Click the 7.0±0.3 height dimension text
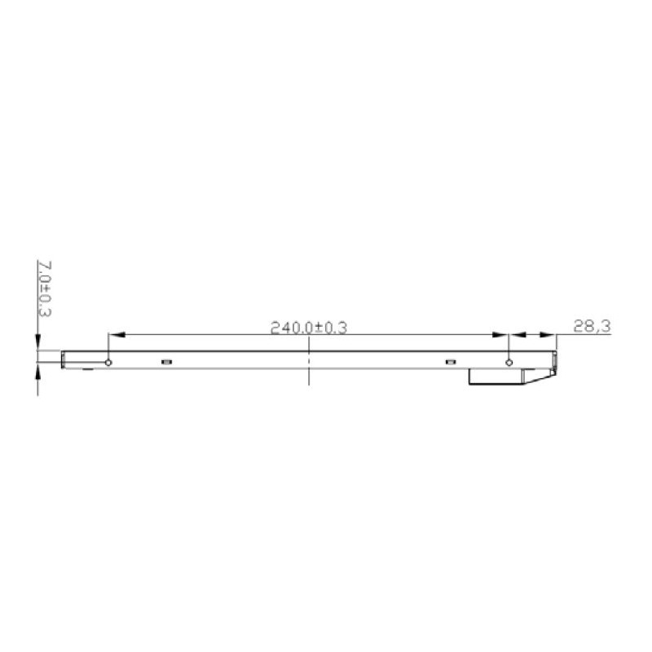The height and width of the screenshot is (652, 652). pyautogui.click(x=46, y=289)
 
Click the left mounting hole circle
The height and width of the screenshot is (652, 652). pyautogui.click(x=108, y=363)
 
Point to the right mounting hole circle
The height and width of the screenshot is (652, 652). pyautogui.click(x=509, y=363)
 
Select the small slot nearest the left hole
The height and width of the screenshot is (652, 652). pyautogui.click(x=166, y=361)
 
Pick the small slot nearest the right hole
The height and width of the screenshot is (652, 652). pyautogui.click(x=450, y=361)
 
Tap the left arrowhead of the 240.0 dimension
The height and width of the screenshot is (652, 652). pyautogui.click(x=115, y=334)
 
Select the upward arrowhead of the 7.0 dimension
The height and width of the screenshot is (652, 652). pyautogui.click(x=37, y=373)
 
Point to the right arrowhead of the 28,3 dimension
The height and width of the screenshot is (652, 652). pyautogui.click(x=550, y=334)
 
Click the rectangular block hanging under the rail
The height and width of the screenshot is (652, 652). pyautogui.click(x=497, y=377)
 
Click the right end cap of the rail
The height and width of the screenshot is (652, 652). pyautogui.click(x=556, y=360)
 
